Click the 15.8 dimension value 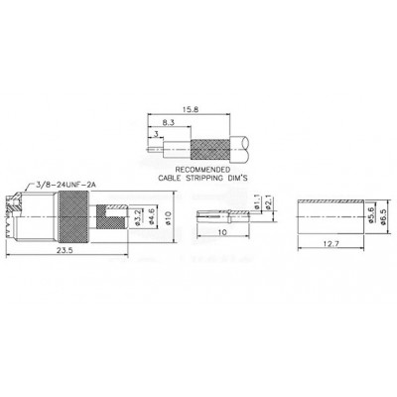(x=192, y=109)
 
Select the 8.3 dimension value (x=169, y=122)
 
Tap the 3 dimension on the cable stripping (x=157, y=134)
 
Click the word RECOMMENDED (x=202, y=170)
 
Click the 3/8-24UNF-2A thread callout (x=66, y=185)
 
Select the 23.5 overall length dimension (x=65, y=250)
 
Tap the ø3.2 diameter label (x=138, y=218)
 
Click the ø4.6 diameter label (x=152, y=217)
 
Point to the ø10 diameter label (x=168, y=218)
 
